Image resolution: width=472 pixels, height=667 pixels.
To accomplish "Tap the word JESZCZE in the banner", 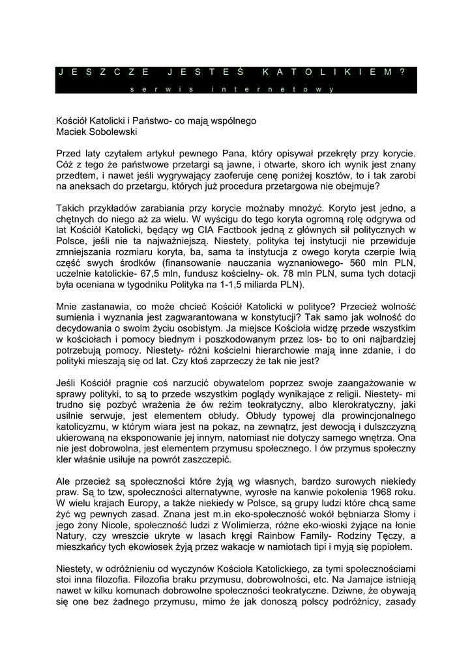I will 103,72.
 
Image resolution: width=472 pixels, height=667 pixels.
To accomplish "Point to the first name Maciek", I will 72,132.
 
